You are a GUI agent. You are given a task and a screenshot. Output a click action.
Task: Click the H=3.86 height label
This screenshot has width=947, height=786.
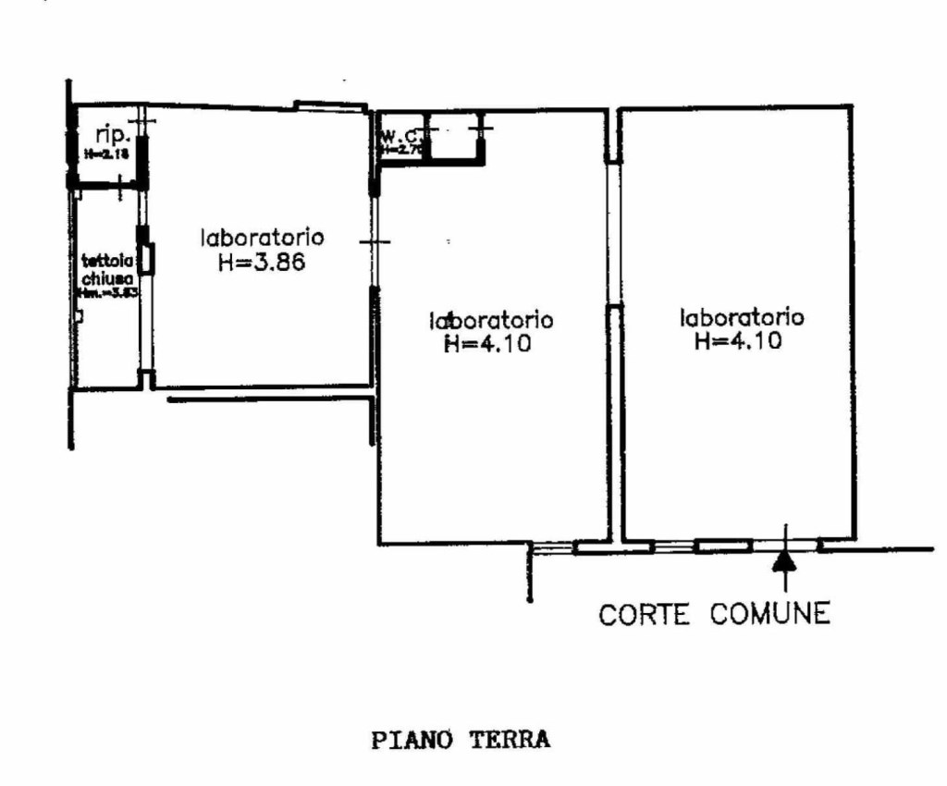pos(262,262)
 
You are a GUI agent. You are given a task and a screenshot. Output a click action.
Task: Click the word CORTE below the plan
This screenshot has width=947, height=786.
pos(645,614)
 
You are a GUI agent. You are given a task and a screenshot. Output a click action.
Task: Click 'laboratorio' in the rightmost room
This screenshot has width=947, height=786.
pos(742,317)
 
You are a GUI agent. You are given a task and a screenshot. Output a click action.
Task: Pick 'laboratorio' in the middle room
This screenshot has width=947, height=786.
pos(491,320)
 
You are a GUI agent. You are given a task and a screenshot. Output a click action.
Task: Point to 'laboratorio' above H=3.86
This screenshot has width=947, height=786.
pos(262,237)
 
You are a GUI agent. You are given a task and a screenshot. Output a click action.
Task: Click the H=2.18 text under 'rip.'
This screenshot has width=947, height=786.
pos(105,154)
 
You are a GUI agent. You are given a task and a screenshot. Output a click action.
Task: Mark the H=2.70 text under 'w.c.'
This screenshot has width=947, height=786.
pos(400,149)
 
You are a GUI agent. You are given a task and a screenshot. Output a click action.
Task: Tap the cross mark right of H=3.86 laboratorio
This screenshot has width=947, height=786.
pos(375,242)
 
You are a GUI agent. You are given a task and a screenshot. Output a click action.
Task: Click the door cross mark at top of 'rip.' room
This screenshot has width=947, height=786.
pos(141,121)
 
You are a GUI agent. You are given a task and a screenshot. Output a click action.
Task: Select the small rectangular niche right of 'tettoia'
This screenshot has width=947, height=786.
pos(148,259)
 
